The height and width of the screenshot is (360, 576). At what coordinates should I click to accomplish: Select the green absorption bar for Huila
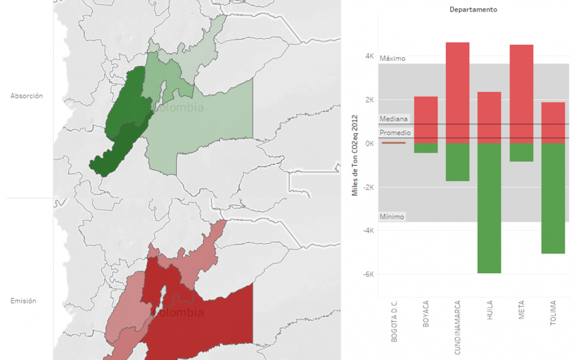tap(489, 208)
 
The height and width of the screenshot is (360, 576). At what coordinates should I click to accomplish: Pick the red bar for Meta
tap(521, 94)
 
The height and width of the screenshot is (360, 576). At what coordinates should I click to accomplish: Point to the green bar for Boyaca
tap(426, 148)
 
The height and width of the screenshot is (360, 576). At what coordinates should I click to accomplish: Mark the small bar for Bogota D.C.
tap(394, 142)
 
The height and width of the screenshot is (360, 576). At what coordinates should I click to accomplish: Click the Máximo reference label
tap(393, 59)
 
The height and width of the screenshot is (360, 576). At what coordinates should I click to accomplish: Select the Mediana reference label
tap(394, 119)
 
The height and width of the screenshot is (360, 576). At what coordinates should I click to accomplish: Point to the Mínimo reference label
tap(392, 217)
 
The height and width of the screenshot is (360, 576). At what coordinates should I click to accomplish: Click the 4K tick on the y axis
tap(369, 57)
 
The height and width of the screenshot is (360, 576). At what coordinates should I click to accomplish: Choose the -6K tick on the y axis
tap(367, 274)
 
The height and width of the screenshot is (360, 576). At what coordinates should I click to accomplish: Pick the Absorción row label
tap(27, 96)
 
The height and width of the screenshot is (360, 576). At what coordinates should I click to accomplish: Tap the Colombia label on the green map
tap(179, 107)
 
